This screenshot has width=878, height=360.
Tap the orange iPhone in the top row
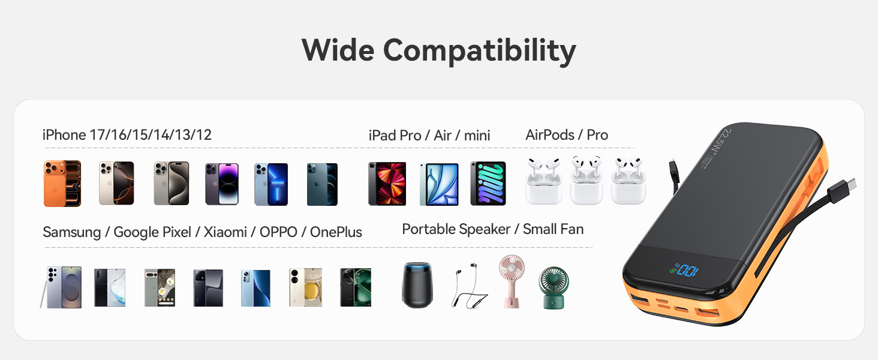click(62, 183)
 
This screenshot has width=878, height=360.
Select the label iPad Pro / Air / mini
click(429, 136)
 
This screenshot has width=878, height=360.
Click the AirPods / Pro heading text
click(567, 135)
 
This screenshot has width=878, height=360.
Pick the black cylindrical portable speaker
click(417, 286)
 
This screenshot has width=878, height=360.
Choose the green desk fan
click(553, 287)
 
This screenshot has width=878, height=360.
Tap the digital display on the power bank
click(685, 270)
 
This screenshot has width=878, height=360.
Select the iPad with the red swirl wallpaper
click(387, 184)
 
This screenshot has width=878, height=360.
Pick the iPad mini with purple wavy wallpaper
click(488, 184)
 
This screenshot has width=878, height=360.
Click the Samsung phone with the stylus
click(62, 287)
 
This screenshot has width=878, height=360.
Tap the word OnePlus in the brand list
click(336, 232)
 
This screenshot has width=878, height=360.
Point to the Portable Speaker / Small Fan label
click(492, 229)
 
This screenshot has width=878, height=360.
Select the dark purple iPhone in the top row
click(222, 184)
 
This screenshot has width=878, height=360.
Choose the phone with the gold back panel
click(306, 287)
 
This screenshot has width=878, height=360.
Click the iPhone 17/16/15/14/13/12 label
click(127, 135)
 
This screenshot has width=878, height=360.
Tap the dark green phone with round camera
click(356, 287)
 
